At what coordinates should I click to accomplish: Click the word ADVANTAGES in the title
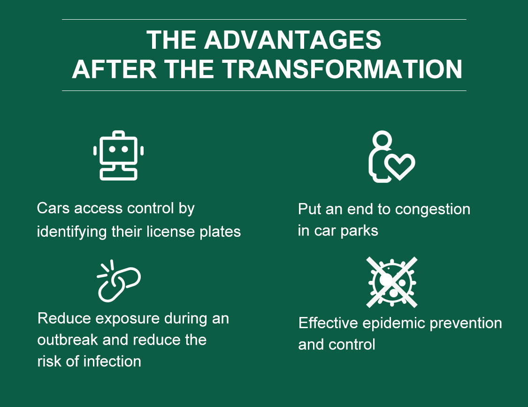(x=292, y=40)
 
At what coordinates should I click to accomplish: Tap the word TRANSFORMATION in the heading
(x=343, y=69)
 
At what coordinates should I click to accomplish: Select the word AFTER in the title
(x=114, y=69)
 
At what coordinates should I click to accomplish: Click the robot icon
(x=119, y=155)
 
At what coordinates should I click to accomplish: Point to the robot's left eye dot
(x=112, y=149)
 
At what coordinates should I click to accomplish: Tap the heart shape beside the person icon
(x=400, y=166)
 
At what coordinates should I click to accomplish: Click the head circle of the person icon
(x=382, y=140)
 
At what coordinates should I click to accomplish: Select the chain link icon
(x=119, y=281)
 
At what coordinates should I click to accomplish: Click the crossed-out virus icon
(x=392, y=282)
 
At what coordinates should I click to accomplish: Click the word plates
(x=220, y=232)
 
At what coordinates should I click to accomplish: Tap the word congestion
(x=433, y=210)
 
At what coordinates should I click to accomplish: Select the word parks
(x=360, y=231)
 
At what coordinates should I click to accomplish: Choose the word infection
(x=112, y=361)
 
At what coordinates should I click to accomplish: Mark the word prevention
(x=466, y=324)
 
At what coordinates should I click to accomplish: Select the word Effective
(x=328, y=323)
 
